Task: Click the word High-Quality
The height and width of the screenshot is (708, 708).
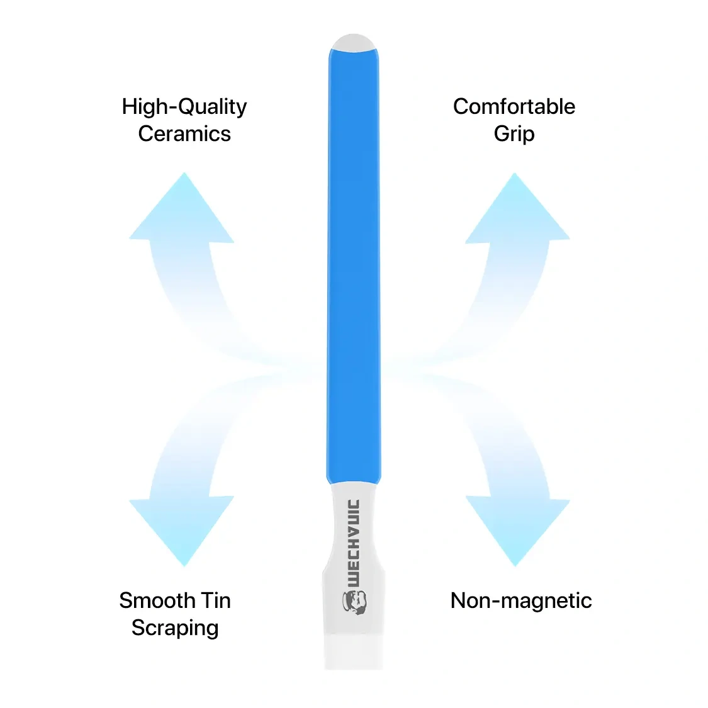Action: (184, 107)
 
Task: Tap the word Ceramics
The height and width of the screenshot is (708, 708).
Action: (184, 134)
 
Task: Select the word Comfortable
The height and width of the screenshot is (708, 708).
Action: (514, 106)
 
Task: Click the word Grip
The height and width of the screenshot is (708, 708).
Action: (514, 134)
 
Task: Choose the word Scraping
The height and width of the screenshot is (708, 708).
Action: (175, 628)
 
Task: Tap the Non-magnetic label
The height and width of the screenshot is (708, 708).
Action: (521, 600)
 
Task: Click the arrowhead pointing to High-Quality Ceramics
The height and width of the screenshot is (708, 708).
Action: (183, 211)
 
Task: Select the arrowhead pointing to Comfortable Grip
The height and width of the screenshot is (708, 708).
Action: (517, 211)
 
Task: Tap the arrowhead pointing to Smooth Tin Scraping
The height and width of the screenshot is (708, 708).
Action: (183, 529)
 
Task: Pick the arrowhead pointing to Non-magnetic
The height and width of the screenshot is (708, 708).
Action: (517, 529)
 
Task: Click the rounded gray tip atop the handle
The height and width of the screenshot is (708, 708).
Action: (354, 43)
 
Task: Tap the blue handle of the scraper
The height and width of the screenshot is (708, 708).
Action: (354, 264)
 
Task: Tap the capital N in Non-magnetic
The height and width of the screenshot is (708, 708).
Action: (458, 600)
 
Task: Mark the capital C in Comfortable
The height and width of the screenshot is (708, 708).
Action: (461, 106)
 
